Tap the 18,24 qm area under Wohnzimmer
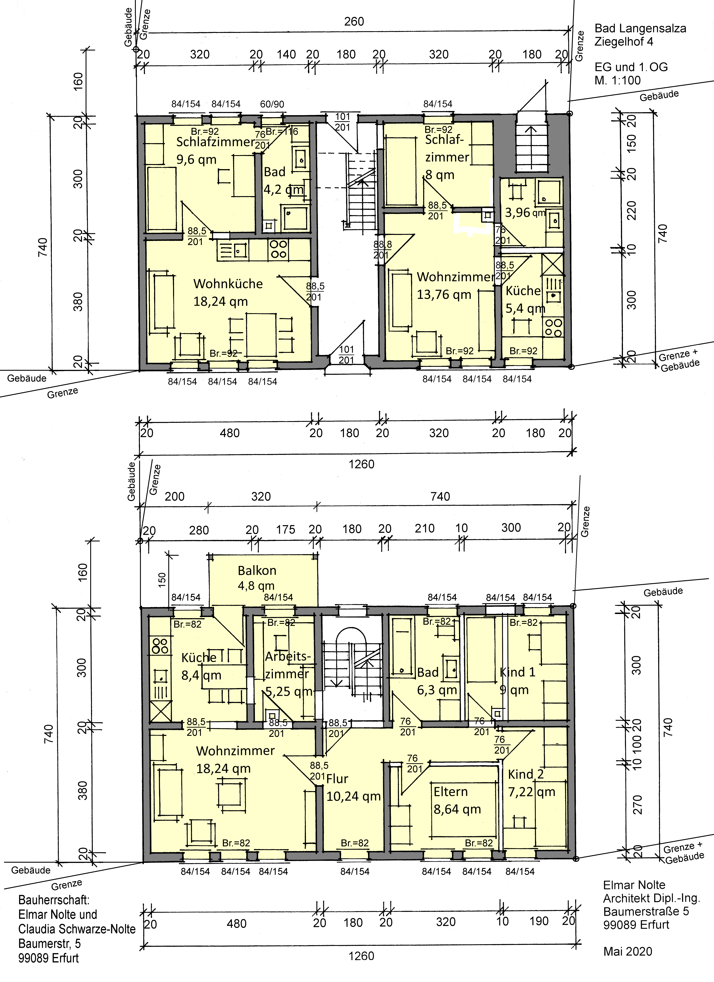(223, 769)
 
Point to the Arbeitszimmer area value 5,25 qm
(288, 692)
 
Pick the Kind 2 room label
(526, 774)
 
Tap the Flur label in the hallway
(337, 779)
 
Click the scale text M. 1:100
(617, 81)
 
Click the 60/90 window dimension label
(272, 104)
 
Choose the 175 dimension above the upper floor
(286, 530)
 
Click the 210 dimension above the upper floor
(425, 528)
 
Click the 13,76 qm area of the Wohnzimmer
(444, 294)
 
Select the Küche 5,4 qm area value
(525, 308)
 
